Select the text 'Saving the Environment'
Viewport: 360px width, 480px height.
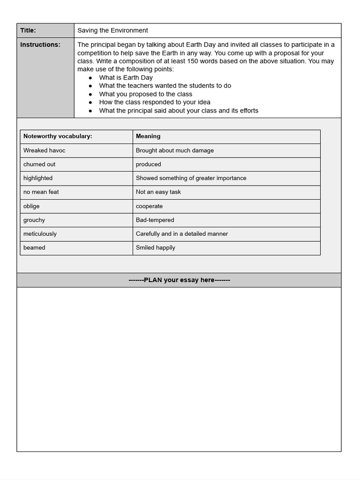point(112,30)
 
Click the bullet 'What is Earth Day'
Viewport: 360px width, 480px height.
point(126,77)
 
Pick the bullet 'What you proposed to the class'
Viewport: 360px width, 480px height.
point(145,94)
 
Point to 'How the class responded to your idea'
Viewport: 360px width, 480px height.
point(154,102)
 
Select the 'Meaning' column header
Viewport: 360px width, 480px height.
point(148,136)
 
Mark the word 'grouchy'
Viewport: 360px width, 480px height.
point(34,220)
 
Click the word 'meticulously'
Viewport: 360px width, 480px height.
point(40,234)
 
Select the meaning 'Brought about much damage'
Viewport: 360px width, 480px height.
point(174,150)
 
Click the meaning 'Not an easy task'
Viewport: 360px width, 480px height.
point(158,192)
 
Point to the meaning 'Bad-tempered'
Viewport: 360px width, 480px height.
point(155,220)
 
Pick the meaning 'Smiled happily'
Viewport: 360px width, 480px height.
point(155,247)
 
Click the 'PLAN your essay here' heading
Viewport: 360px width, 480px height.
point(179,280)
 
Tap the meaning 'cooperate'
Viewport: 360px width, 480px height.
point(149,206)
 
